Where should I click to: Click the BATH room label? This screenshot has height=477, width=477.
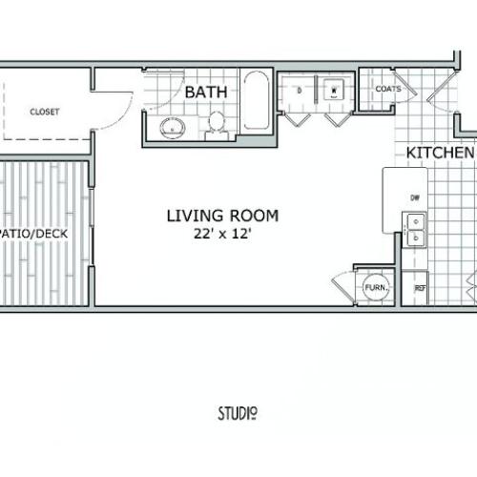(x=206, y=93)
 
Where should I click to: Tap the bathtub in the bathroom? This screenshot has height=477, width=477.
(x=256, y=103)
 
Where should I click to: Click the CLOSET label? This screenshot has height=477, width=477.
(x=44, y=112)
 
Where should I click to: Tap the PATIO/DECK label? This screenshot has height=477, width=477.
(x=42, y=231)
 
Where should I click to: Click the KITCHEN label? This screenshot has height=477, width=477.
(x=440, y=154)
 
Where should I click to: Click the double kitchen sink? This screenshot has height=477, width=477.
(x=415, y=229)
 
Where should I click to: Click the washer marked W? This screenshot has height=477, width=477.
(x=335, y=93)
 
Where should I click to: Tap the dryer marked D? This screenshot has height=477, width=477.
(x=299, y=93)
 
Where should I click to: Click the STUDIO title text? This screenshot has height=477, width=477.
(x=238, y=413)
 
